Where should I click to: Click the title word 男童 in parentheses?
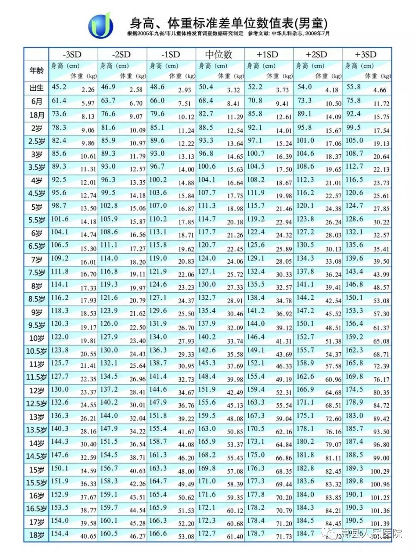point(313,22)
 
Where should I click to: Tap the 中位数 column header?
point(219,54)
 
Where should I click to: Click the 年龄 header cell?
point(36,70)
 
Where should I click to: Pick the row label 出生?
point(37,88)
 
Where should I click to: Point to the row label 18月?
point(37,115)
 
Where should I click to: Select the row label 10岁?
point(37,338)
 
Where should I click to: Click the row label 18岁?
point(37,535)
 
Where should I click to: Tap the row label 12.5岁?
point(37,404)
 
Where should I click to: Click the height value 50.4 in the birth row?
point(206,87)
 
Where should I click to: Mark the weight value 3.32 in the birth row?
point(233,90)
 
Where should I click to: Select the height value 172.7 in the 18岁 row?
point(207,533)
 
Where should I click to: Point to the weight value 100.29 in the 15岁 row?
point(380,471)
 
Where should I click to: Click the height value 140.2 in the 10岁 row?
point(207,337)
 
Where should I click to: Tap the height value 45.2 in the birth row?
point(59,87)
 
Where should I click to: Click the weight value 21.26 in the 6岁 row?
point(235,235)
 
